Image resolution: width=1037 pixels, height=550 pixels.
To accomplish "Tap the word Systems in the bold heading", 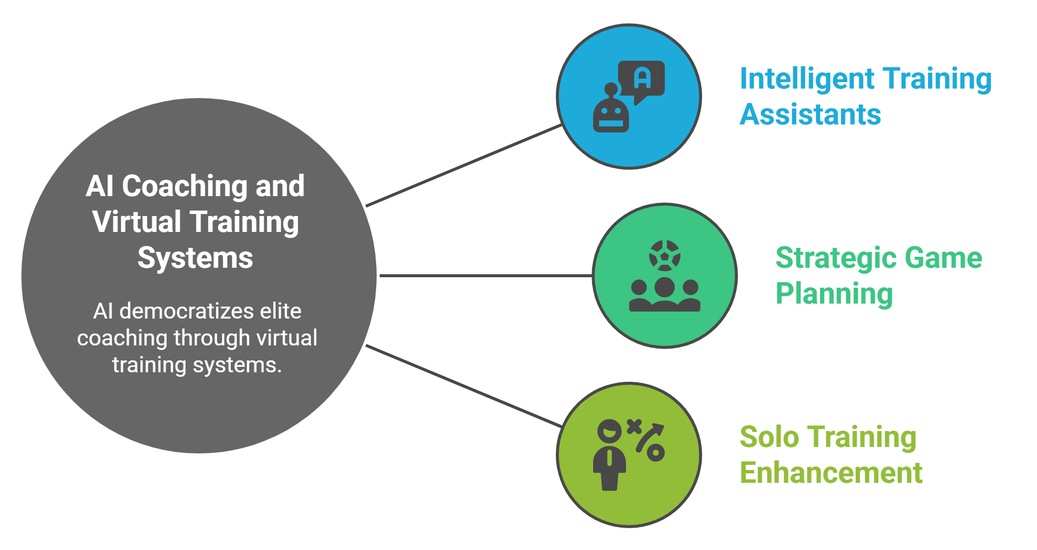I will coord(195,258).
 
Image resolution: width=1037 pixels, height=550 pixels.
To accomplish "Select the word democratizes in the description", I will coord(186,312).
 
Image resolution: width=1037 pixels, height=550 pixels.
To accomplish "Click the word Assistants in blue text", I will coord(810,114).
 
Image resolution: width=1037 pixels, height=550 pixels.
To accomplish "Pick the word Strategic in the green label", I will coord(836,258).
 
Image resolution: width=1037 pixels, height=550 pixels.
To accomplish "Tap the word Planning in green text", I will coord(834,294).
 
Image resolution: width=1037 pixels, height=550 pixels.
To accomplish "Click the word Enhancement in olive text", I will coord(831,473).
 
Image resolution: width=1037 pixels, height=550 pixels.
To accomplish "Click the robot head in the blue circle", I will coord(611,115).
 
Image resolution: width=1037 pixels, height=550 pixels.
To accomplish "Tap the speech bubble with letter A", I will coord(641,79).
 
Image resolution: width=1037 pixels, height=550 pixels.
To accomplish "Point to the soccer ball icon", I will coord(664,255).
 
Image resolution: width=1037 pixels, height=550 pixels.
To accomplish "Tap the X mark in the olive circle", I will coord(634,427).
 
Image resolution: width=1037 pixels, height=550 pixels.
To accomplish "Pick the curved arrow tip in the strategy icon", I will coord(659,428).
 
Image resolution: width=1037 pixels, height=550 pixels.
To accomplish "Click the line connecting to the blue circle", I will coord(464,165).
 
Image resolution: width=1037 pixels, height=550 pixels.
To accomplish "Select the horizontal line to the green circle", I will coord(485,275).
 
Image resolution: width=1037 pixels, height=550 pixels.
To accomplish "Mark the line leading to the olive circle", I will coord(464,386).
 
